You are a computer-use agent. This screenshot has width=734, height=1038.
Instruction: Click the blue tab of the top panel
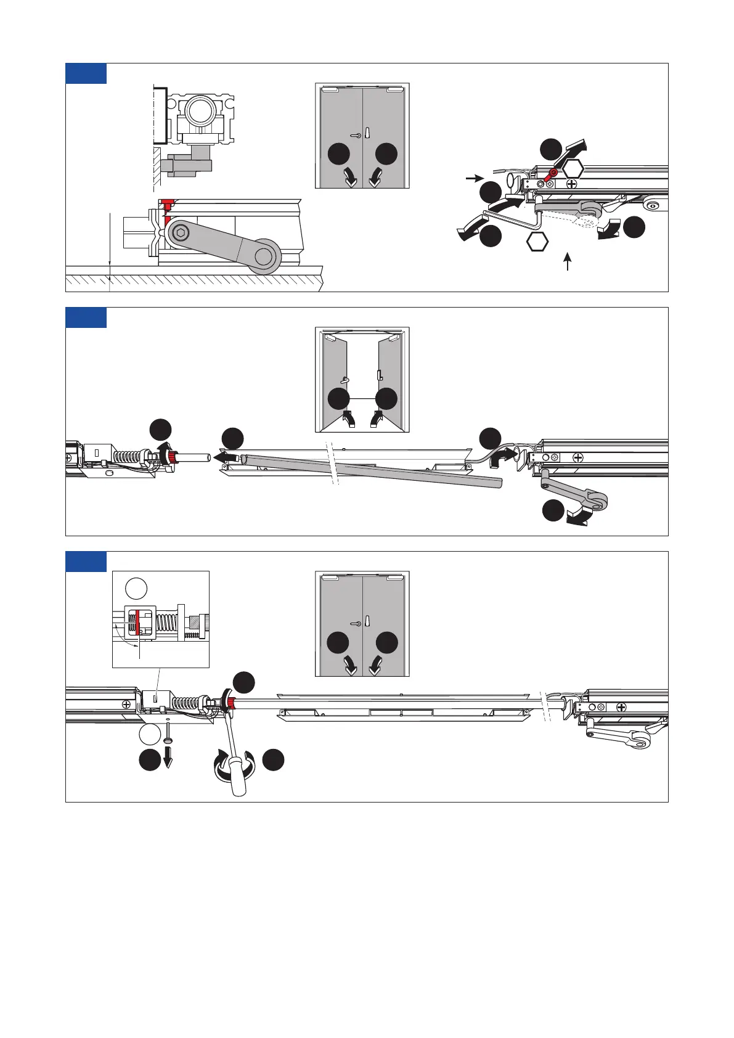86,73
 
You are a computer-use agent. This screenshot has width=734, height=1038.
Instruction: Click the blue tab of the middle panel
86,317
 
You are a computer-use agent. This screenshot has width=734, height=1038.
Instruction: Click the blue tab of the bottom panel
86,562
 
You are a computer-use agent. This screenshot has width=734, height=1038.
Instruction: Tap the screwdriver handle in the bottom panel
238,780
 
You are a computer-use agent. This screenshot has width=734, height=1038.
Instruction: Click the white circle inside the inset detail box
136,588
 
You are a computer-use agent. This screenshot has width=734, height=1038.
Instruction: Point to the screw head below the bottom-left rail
168,740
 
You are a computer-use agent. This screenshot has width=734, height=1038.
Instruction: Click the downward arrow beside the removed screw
168,758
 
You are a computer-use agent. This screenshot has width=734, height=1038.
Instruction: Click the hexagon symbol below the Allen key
537,242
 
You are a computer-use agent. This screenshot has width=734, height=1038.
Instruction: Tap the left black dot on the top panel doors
339,154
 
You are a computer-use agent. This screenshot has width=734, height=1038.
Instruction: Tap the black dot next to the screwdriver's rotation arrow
274,759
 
